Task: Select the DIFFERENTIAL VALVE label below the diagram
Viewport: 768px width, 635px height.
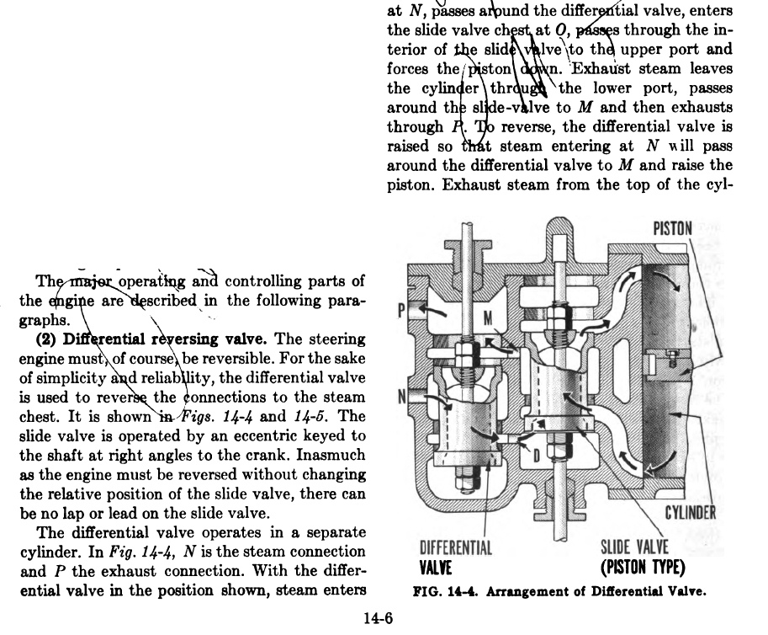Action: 455,557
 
